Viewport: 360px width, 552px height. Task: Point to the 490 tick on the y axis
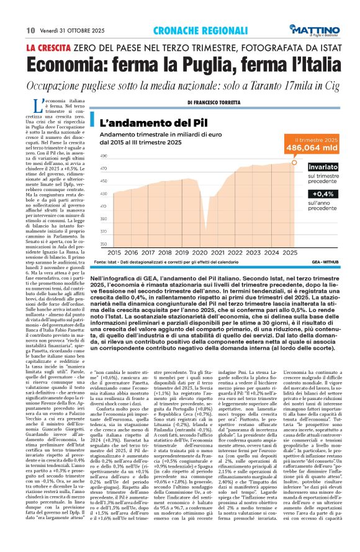[x=103, y=156]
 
